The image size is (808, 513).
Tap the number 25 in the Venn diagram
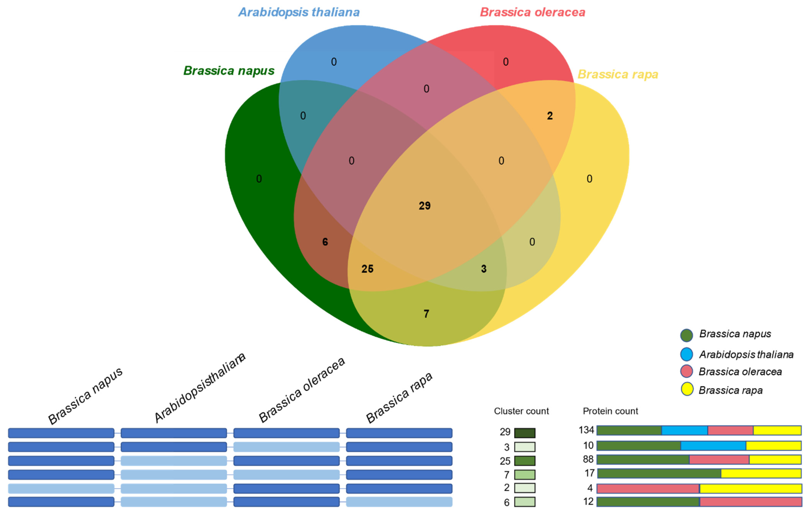(x=367, y=269)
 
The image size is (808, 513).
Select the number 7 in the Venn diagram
(x=426, y=314)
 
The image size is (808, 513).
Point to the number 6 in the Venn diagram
(x=325, y=242)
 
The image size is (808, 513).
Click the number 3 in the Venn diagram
(x=484, y=269)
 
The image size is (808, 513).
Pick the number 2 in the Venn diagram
(x=550, y=116)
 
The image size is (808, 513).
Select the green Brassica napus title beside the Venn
(x=229, y=71)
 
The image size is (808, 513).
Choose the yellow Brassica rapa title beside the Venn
(x=618, y=74)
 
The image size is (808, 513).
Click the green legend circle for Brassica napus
(x=686, y=335)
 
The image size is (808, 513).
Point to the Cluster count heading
(x=521, y=411)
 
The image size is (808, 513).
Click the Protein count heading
(x=610, y=411)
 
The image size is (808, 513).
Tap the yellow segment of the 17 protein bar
(x=761, y=473)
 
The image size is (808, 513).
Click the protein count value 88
(x=588, y=459)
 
